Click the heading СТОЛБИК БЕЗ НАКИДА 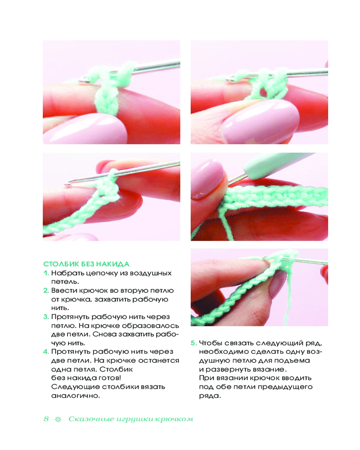(x=86, y=264)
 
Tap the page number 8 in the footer (x=46, y=418)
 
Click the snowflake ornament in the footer (x=58, y=419)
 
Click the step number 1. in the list (x=46, y=273)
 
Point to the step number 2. (x=46, y=290)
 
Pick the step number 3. (x=46, y=317)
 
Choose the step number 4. (x=46, y=351)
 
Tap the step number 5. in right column (x=194, y=343)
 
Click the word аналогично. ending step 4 (x=76, y=396)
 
